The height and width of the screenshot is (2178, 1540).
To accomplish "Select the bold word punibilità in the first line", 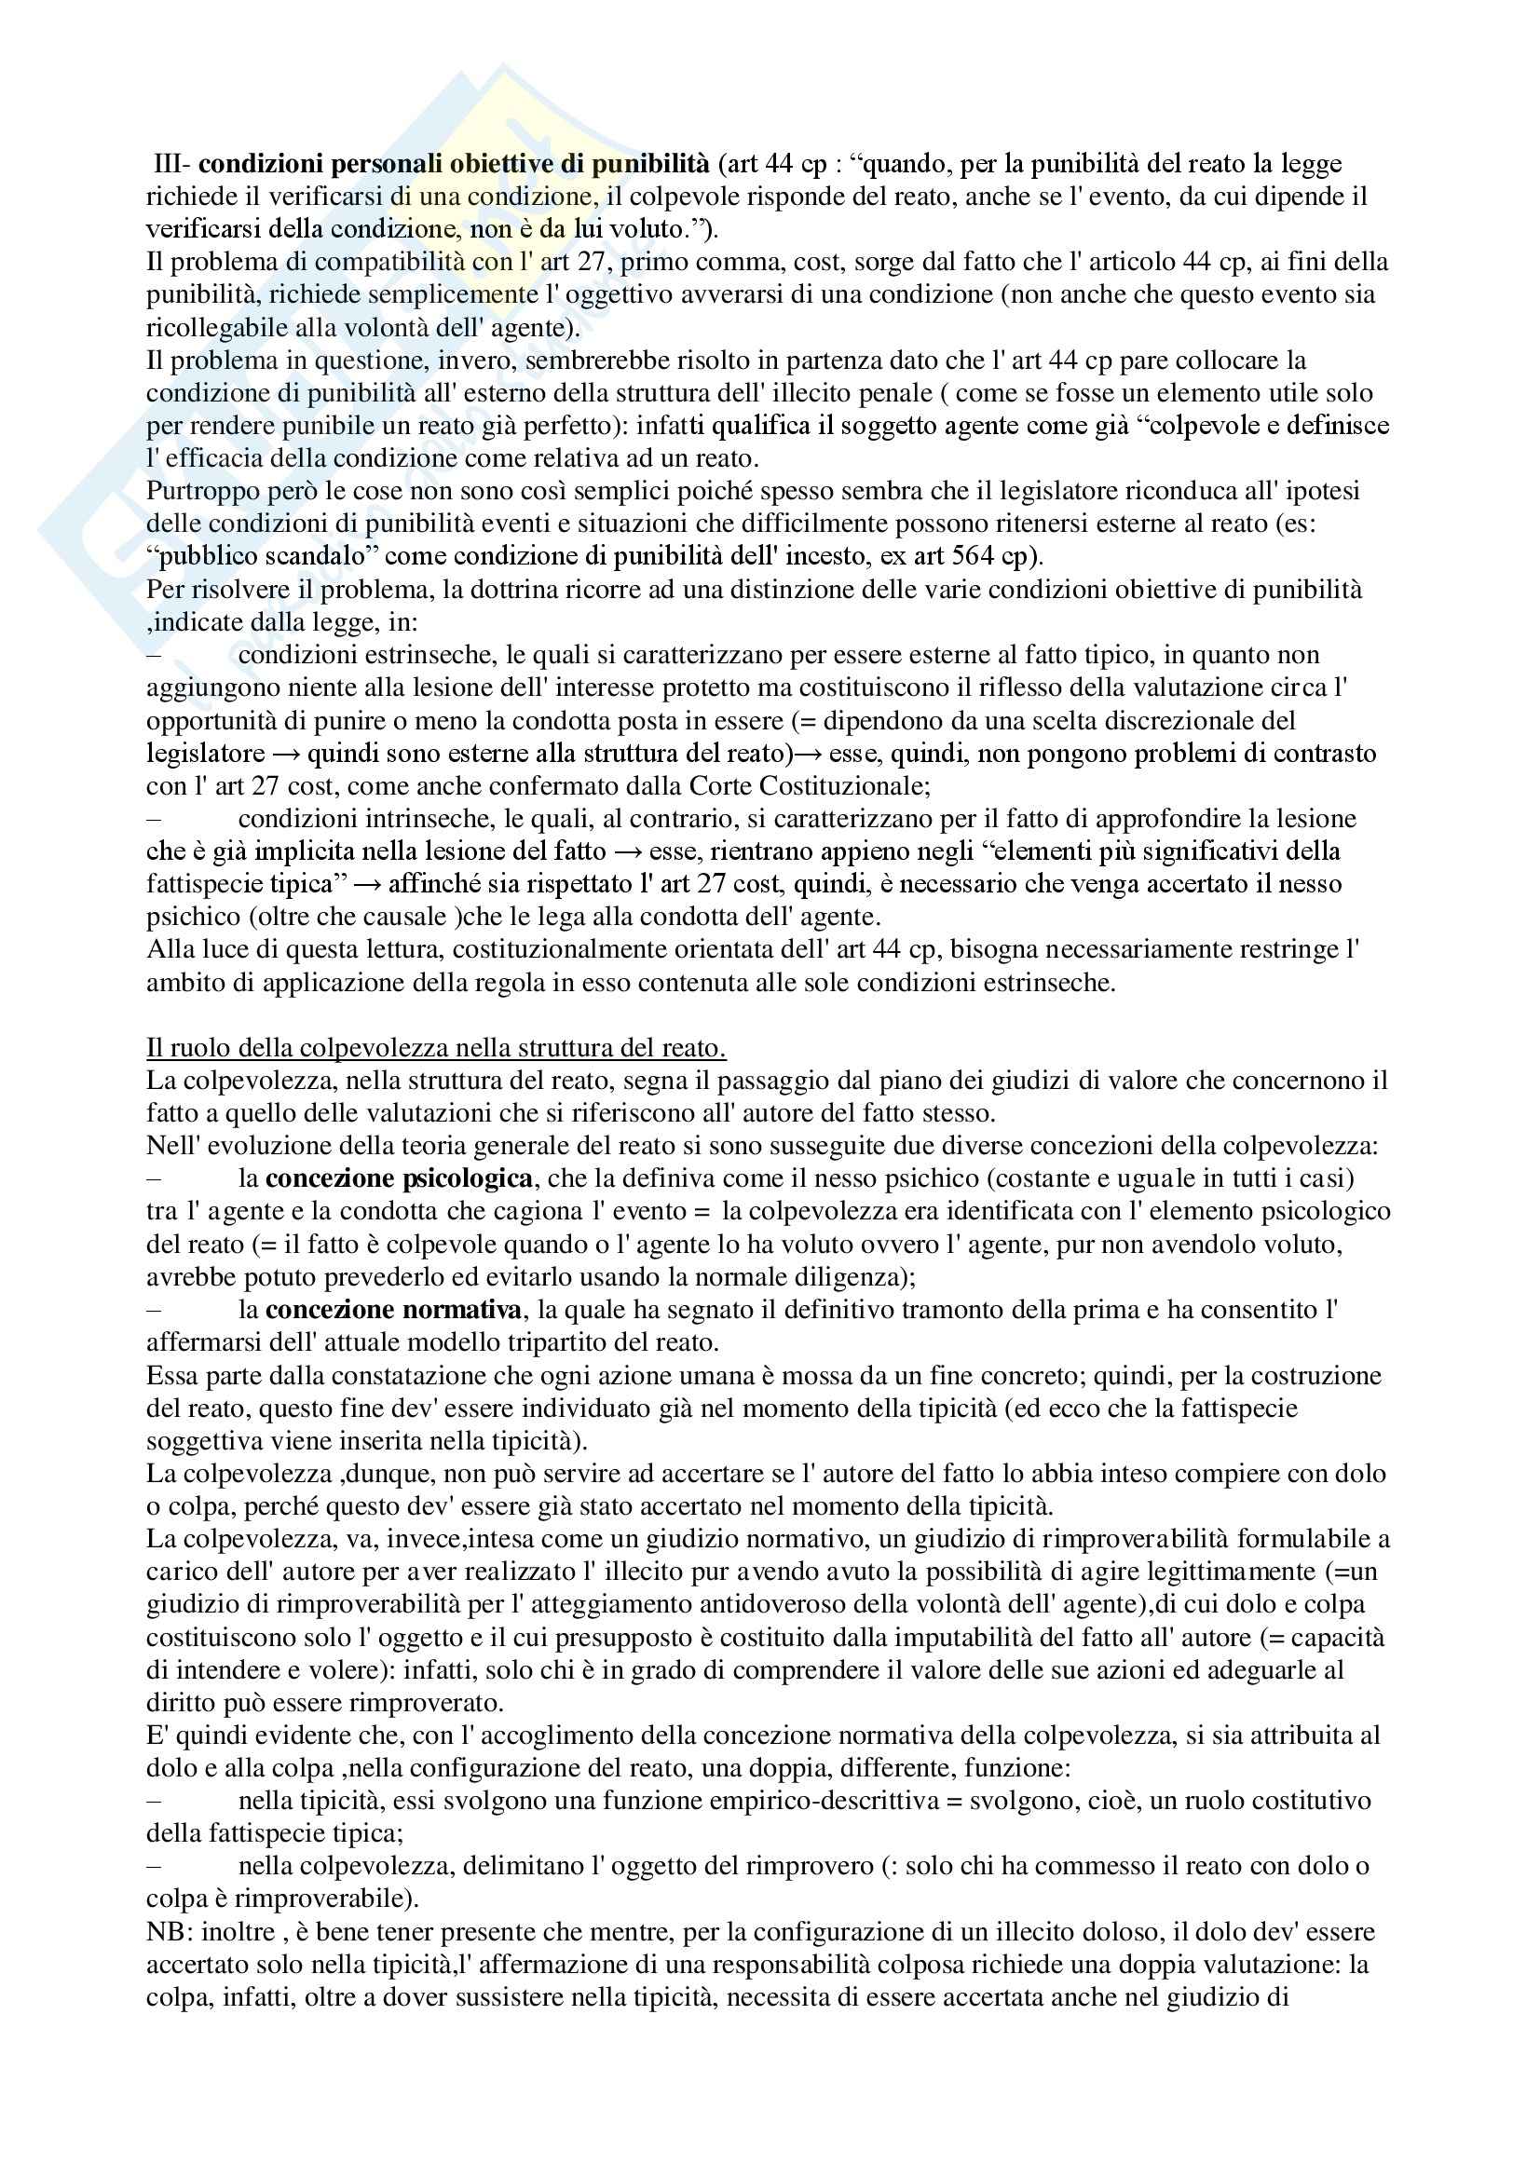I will tap(650, 164).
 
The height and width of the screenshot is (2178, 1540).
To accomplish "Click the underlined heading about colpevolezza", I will tap(435, 1048).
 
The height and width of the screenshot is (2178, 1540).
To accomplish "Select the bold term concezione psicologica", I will tap(399, 1179).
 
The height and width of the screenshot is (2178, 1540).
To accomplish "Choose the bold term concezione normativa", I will tap(394, 1310).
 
